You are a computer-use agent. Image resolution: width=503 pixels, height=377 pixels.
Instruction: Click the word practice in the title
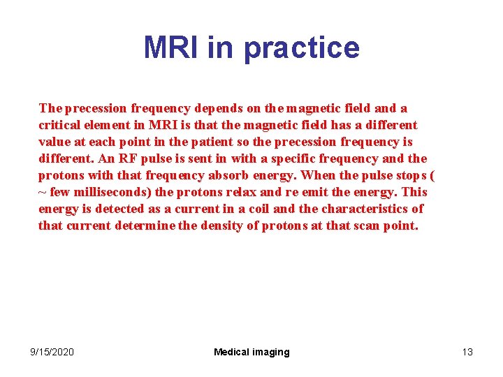(302, 48)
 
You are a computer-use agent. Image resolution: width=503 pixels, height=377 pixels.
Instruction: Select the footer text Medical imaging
(251, 352)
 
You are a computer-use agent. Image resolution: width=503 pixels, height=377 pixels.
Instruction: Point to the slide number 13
(467, 352)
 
